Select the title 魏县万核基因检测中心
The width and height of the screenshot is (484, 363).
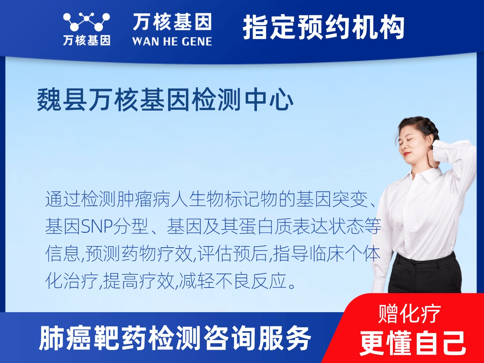pos(165,100)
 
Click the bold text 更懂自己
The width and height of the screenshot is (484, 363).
pos(413,342)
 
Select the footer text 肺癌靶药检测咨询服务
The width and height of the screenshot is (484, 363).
pos(175,338)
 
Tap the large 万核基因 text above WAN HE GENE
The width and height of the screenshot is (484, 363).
pos(172,22)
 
